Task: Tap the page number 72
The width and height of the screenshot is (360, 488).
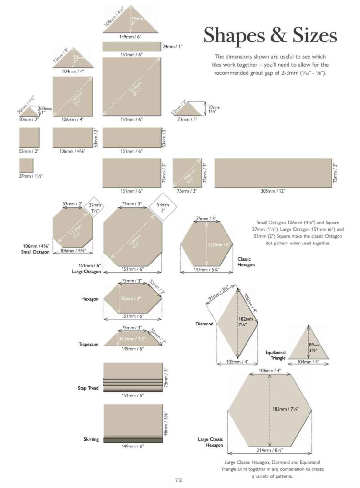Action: pos(179,480)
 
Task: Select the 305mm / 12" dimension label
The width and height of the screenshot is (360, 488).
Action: pos(273,191)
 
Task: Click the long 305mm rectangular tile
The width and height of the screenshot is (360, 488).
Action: pos(273,173)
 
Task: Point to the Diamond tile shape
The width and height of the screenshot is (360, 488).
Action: pos(237,324)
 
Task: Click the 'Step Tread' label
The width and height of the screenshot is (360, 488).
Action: pos(89,388)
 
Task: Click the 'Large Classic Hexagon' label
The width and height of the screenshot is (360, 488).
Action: pos(210,442)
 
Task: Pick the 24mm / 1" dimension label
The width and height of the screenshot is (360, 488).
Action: pos(173,46)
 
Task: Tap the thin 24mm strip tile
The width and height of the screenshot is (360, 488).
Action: pos(132,46)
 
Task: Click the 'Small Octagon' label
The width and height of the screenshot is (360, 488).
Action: pos(36,249)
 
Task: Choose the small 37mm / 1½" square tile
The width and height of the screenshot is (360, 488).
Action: pos(26,165)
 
